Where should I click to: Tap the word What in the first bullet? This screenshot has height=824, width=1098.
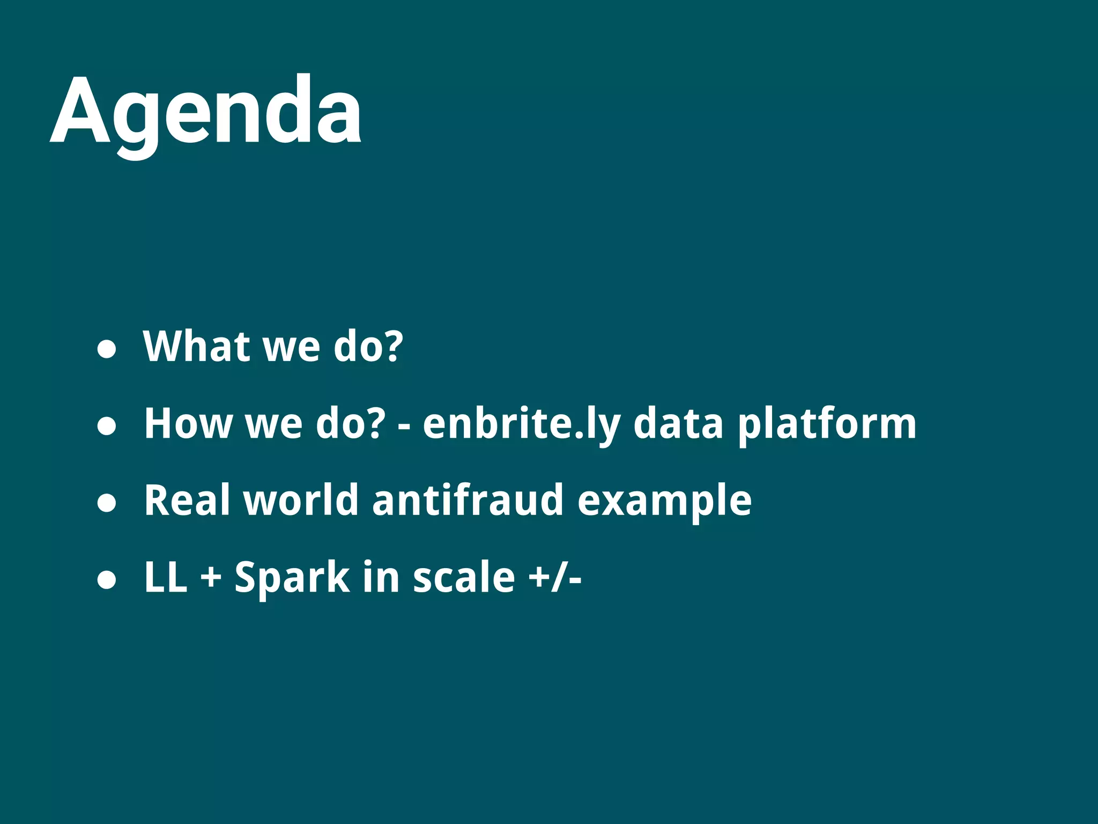(x=196, y=347)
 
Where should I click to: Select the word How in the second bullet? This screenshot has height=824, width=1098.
(x=188, y=424)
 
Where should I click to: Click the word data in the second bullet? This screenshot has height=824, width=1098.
(x=678, y=424)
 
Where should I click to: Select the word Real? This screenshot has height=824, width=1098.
(x=187, y=500)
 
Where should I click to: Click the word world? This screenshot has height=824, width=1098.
(x=301, y=500)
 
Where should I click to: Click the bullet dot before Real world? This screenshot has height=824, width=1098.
(x=107, y=503)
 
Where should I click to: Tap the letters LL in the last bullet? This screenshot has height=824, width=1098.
(x=166, y=577)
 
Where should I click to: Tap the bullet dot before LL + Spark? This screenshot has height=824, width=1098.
(x=107, y=580)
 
